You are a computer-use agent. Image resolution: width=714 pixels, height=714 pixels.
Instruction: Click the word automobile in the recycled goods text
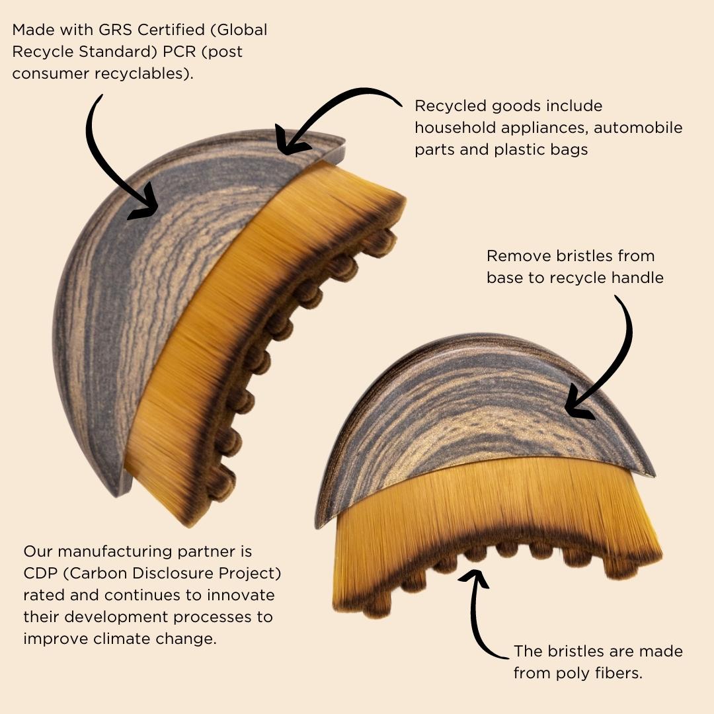pyautogui.click(x=638, y=128)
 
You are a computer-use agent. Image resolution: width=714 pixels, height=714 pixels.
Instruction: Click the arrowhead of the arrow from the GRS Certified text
pyautogui.click(x=145, y=205)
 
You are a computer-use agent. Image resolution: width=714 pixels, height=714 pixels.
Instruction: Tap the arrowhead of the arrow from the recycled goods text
pyautogui.click(x=290, y=140)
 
